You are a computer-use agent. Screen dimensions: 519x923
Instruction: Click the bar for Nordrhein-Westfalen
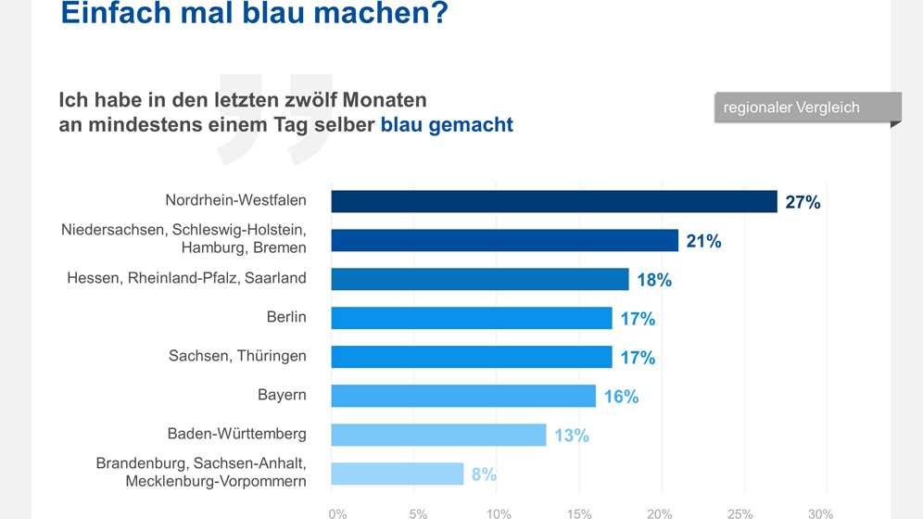pos(554,201)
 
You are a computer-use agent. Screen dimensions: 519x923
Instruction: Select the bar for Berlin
pos(472,318)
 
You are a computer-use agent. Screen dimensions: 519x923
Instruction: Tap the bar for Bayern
pos(463,396)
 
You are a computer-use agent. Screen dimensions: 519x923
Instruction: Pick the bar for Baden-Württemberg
pos(438,435)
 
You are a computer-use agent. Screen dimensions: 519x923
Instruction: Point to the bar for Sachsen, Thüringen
pos(472,357)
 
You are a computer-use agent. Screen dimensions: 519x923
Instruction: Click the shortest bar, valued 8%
pos(398,474)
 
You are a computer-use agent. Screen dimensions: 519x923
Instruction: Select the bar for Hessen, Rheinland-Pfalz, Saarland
pos(480,279)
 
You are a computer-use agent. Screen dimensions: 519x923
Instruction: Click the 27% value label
pos(803,202)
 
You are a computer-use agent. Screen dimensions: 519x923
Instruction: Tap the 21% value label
pos(703,241)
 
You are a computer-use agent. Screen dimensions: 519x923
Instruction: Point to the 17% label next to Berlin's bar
pos(638,319)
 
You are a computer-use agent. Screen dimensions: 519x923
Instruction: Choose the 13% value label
pos(572,436)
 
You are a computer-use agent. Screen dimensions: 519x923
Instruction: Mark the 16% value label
pos(621,397)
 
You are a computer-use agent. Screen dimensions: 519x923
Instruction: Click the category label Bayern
pos(282,395)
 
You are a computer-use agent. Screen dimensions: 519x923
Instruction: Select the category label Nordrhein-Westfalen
pos(235,200)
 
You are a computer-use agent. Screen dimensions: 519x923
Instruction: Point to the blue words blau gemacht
pos(447,124)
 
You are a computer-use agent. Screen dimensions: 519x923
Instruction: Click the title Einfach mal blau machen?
pos(253,15)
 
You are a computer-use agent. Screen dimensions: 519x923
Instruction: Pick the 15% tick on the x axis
pos(578,513)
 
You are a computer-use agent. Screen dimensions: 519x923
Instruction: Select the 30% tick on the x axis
pos(820,513)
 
